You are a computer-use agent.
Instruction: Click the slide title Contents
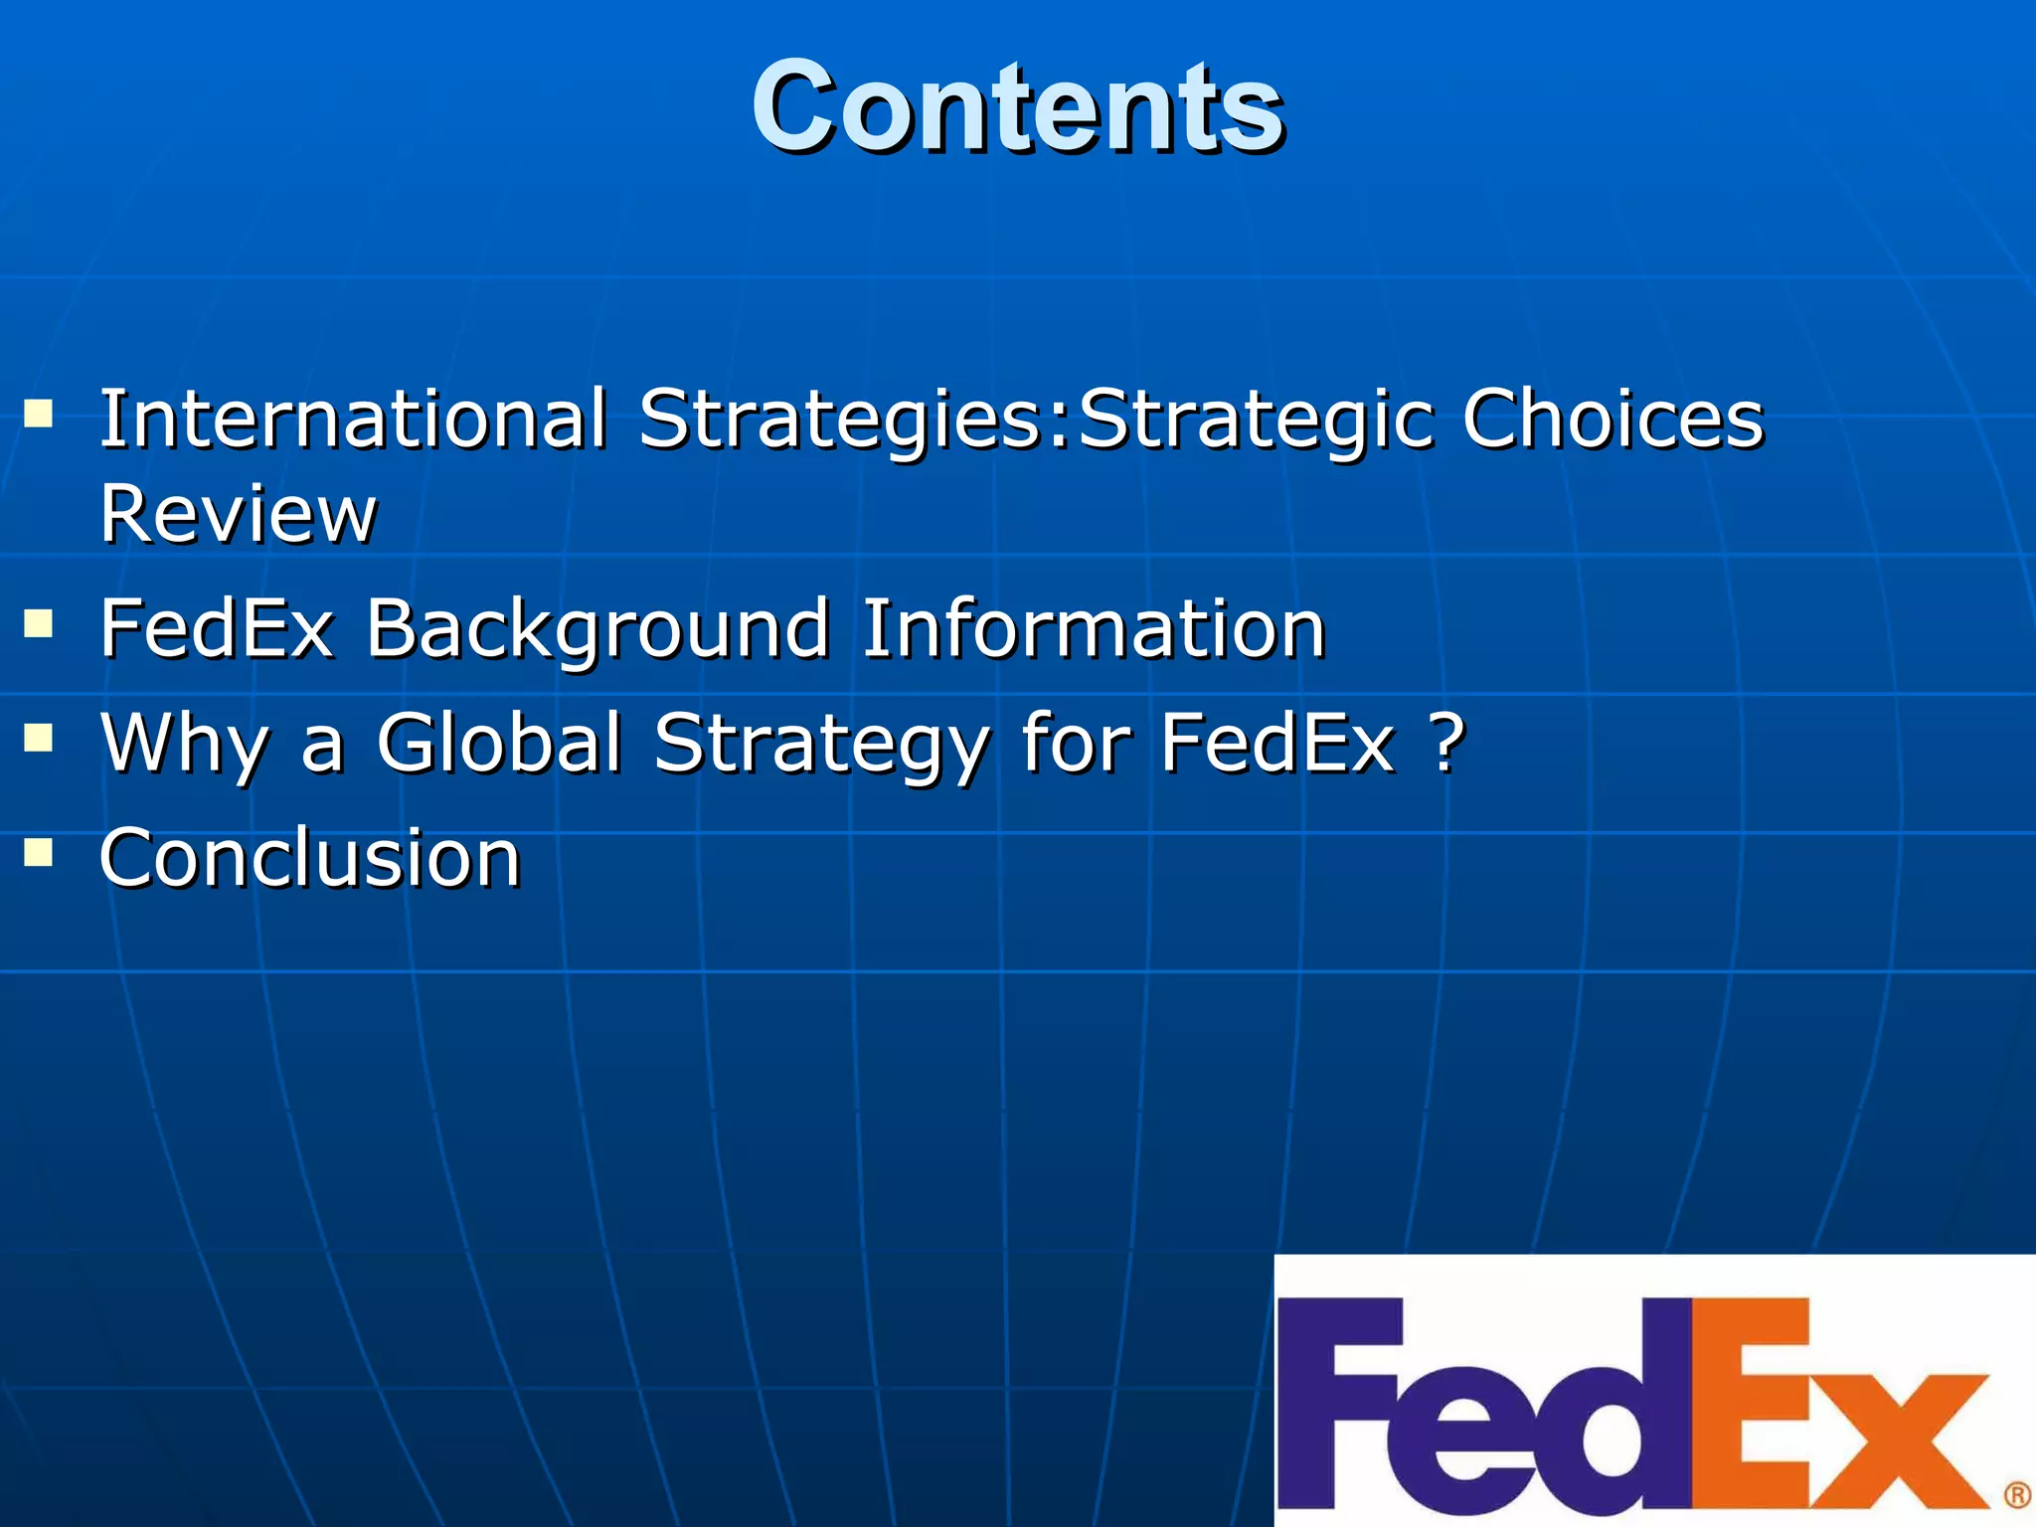(x=1017, y=106)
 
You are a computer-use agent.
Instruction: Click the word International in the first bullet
(x=353, y=419)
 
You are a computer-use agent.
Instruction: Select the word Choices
(x=1612, y=419)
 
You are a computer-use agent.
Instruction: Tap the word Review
(x=239, y=514)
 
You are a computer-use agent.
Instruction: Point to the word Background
(x=597, y=629)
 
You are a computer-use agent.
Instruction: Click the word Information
(x=1093, y=629)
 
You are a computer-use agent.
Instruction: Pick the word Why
(x=185, y=744)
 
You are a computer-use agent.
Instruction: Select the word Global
(x=499, y=743)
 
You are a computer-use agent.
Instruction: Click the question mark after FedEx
(x=1447, y=743)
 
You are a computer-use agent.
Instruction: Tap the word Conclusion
(x=310, y=858)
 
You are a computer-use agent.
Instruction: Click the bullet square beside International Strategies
(x=39, y=413)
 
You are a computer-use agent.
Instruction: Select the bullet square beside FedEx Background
(x=39, y=624)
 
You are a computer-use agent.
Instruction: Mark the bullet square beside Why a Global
(x=39, y=739)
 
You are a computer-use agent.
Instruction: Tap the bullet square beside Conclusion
(x=39, y=853)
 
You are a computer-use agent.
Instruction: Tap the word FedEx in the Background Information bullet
(x=217, y=629)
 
